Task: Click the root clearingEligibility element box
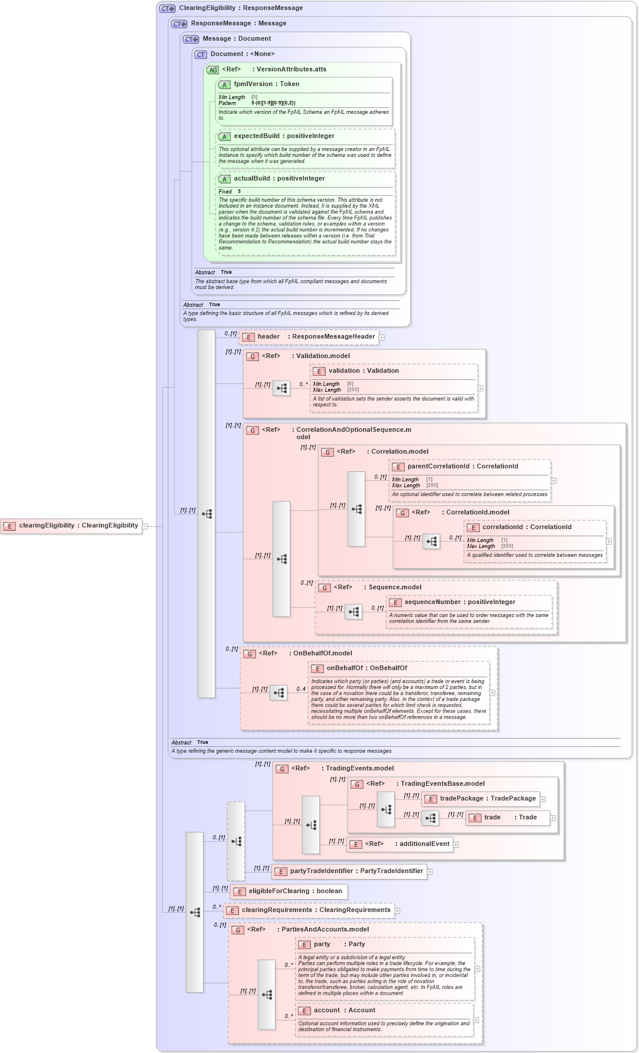pos(71,526)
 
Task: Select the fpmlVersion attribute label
pos(266,84)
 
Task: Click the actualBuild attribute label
pos(279,179)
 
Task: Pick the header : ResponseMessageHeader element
pos(309,337)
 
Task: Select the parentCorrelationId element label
pos(463,467)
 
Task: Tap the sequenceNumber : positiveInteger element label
pos(460,602)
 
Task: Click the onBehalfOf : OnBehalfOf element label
pos(366,668)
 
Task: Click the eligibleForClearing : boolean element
pos(289,891)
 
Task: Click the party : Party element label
pos(339,944)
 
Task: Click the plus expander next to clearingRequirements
pos(397,911)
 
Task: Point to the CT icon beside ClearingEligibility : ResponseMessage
pos(168,8)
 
